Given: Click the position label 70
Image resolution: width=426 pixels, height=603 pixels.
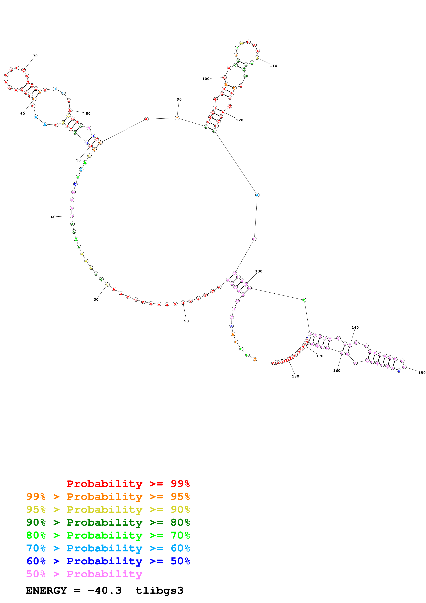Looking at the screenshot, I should pyautogui.click(x=35, y=56).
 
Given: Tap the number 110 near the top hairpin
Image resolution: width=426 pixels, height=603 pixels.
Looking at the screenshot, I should pyautogui.click(x=273, y=66).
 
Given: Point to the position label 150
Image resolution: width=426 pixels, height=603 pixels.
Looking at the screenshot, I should pyautogui.click(x=422, y=373).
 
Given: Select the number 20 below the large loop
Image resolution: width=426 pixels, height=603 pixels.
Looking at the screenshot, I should pyautogui.click(x=186, y=321).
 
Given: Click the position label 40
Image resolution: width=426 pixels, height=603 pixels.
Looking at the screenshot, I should pyautogui.click(x=53, y=217).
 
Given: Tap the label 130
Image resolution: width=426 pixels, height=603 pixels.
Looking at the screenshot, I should pyautogui.click(x=259, y=271).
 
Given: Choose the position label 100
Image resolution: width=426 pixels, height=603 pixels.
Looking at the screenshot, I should pyautogui.click(x=206, y=79).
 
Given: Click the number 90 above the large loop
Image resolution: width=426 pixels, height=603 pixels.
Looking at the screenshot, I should pyautogui.click(x=179, y=99).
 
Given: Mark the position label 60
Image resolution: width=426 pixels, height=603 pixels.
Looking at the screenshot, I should pyautogui.click(x=23, y=114).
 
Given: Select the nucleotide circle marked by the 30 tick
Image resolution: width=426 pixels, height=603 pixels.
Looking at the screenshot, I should pyautogui.click(x=107, y=285).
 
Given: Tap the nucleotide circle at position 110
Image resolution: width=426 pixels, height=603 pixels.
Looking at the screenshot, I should pyautogui.click(x=257, y=58).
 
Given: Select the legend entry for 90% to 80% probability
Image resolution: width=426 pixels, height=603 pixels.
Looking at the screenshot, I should pyautogui.click(x=108, y=522).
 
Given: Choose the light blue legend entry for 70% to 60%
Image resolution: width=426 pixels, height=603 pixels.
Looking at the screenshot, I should pyautogui.click(x=108, y=548).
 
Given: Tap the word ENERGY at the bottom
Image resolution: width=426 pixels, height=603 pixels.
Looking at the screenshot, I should pyautogui.click(x=46, y=591).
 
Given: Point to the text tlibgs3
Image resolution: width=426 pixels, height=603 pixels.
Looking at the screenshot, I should pyautogui.click(x=159, y=591).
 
